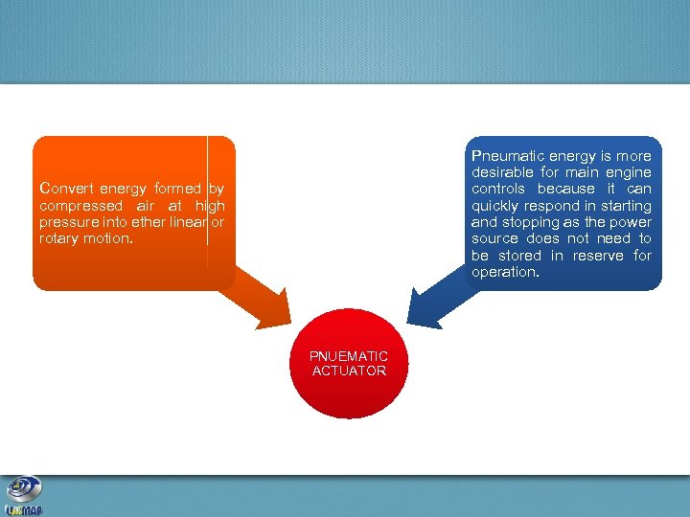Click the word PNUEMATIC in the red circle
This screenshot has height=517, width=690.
(x=348, y=356)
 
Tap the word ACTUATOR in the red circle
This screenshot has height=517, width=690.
(x=349, y=371)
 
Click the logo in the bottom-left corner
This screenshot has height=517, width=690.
(x=23, y=496)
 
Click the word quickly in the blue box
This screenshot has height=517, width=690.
(x=496, y=206)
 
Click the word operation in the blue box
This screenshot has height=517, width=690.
(x=504, y=272)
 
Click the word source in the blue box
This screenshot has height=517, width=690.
(x=495, y=238)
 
